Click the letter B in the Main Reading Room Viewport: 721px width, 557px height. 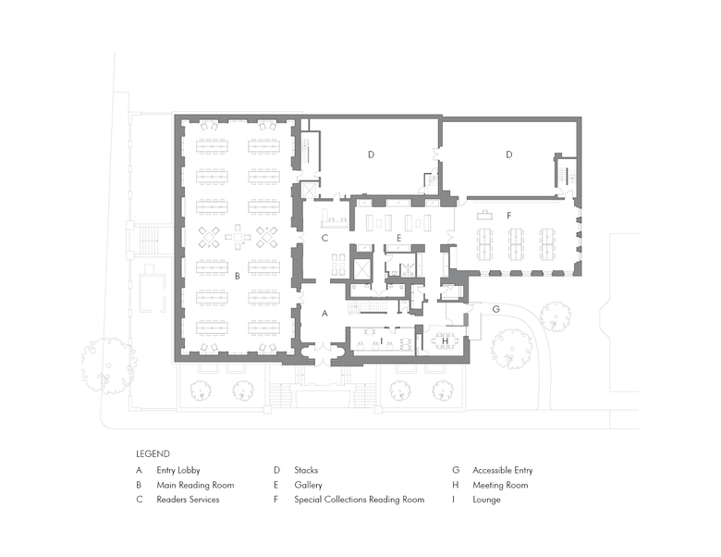click(x=238, y=277)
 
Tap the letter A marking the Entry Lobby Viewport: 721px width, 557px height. click(x=324, y=314)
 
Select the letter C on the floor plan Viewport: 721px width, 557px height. click(x=324, y=238)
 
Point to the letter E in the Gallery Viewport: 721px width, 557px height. click(x=398, y=238)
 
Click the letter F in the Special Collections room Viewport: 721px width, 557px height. click(x=509, y=216)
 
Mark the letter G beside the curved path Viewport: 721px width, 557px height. click(x=495, y=309)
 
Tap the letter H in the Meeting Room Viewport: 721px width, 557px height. click(x=445, y=341)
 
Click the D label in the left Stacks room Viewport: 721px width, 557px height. click(x=371, y=155)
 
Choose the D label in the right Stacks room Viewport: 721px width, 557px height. click(x=509, y=155)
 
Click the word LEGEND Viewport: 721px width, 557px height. click(x=153, y=454)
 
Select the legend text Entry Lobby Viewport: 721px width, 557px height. click(x=178, y=470)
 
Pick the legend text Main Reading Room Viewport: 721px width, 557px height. click(x=195, y=485)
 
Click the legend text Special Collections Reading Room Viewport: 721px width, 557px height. click(x=360, y=500)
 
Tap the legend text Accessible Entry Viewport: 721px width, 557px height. click(x=503, y=470)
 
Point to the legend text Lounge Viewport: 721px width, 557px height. click(x=486, y=500)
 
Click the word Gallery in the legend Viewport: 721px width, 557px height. click(x=308, y=485)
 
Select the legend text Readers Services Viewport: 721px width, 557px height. click(x=188, y=500)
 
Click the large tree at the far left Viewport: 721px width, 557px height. click(x=109, y=365)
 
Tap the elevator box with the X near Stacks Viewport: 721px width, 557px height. click(x=307, y=191)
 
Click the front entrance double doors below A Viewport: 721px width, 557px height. click(x=324, y=355)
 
